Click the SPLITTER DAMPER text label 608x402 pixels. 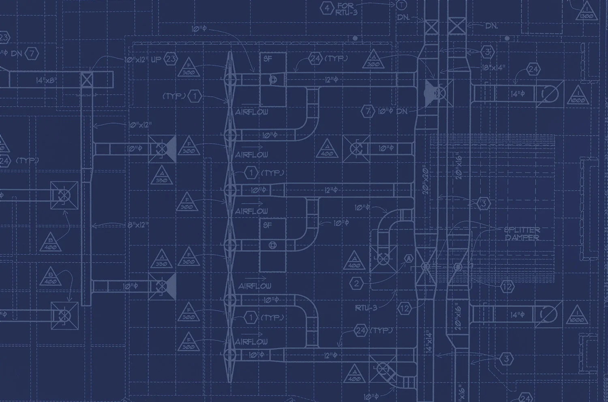(522, 234)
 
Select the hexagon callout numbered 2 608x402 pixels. (356, 283)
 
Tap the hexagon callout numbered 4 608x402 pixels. (326, 7)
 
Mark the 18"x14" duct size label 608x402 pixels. (493, 67)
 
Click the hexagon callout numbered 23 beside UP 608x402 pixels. (171, 59)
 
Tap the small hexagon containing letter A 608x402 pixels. (409, 258)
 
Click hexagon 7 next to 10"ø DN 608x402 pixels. (368, 111)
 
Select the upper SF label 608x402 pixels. (267, 58)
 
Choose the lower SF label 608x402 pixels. (267, 225)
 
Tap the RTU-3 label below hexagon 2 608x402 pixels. (366, 308)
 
